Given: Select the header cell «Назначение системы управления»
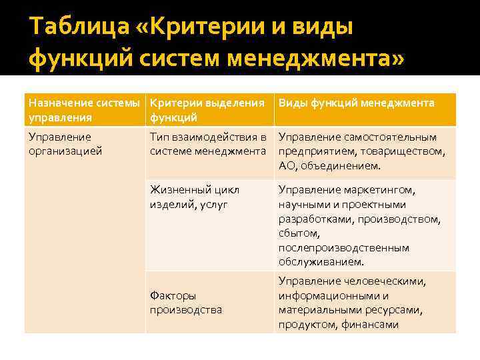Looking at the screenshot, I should [84, 110].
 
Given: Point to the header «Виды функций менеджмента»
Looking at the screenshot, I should [356, 103].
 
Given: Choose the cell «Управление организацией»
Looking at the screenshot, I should [64, 144].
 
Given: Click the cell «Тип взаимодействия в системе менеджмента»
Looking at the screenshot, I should [207, 144].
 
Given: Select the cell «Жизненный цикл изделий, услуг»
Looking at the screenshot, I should [194, 197].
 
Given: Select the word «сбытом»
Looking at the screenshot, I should [299, 233].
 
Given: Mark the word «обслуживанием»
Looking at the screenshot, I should [321, 261].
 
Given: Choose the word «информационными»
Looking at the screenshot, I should [327, 295].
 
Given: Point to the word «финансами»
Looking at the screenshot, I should [370, 325].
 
